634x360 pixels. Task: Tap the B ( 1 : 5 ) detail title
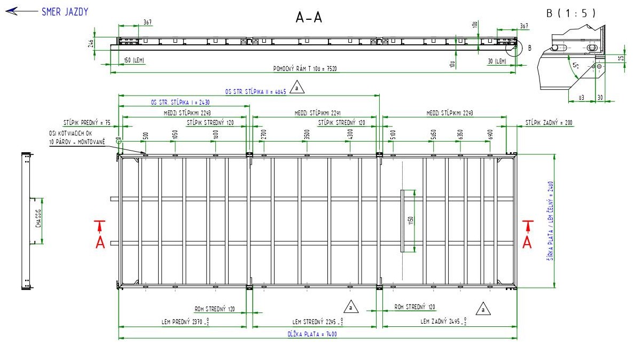pos(570,13)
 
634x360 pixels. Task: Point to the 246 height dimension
pos(91,43)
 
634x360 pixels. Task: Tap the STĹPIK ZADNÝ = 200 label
pos(549,123)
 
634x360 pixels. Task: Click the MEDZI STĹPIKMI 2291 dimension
pos(315,113)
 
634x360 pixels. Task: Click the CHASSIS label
pos(38,220)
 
